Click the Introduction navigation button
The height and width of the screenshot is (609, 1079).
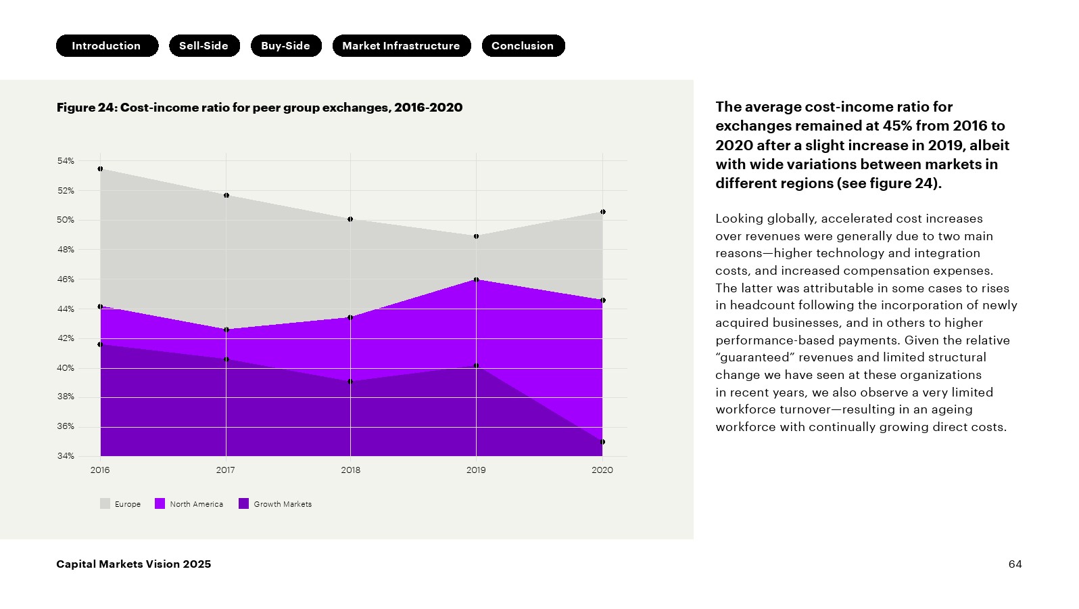107,46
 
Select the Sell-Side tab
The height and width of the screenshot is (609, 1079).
204,46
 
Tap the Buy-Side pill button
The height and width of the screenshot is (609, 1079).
286,46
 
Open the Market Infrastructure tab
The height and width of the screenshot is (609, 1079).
402,46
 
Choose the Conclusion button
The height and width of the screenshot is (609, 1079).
523,46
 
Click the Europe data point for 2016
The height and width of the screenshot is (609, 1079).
100,169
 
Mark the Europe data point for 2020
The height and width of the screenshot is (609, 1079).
603,212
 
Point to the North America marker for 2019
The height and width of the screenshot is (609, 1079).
477,279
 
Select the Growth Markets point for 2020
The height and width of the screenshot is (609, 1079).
603,442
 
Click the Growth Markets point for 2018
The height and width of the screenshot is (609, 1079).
350,382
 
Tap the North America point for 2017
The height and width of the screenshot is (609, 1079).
226,330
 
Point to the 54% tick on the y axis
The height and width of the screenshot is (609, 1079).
66,161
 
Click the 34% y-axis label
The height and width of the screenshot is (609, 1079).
66,456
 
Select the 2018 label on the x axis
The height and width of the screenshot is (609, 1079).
350,470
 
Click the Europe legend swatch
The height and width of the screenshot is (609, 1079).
105,503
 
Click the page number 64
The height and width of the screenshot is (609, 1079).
1015,564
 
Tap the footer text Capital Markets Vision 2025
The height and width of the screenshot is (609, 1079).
133,564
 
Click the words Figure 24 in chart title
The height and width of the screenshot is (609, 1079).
87,108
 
